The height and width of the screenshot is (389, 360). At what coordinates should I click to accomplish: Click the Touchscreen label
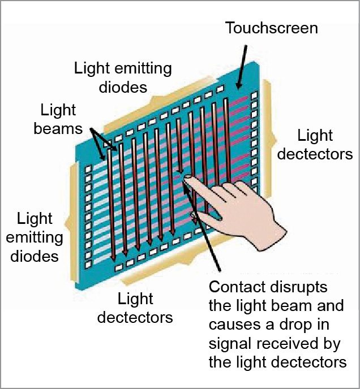coord(272,28)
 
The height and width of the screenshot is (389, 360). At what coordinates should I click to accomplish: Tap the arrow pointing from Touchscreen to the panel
coord(242,67)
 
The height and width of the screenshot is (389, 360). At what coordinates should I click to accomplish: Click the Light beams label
coord(58,119)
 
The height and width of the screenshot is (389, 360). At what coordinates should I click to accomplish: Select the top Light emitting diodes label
coord(123,77)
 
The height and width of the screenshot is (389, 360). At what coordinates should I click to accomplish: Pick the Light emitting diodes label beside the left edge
coord(35,237)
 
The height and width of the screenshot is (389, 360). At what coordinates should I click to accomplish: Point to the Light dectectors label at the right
coord(315,145)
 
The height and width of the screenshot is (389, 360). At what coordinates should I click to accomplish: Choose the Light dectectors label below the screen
coord(135,308)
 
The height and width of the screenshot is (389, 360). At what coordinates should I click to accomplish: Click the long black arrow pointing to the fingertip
coord(202,225)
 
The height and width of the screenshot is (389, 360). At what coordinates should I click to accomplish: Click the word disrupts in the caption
coord(298,288)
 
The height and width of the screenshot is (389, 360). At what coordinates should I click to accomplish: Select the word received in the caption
coord(288,343)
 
